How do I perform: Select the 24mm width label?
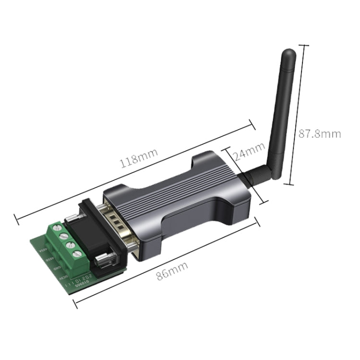coord(249,155)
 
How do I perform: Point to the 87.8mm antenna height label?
coord(320,134)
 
